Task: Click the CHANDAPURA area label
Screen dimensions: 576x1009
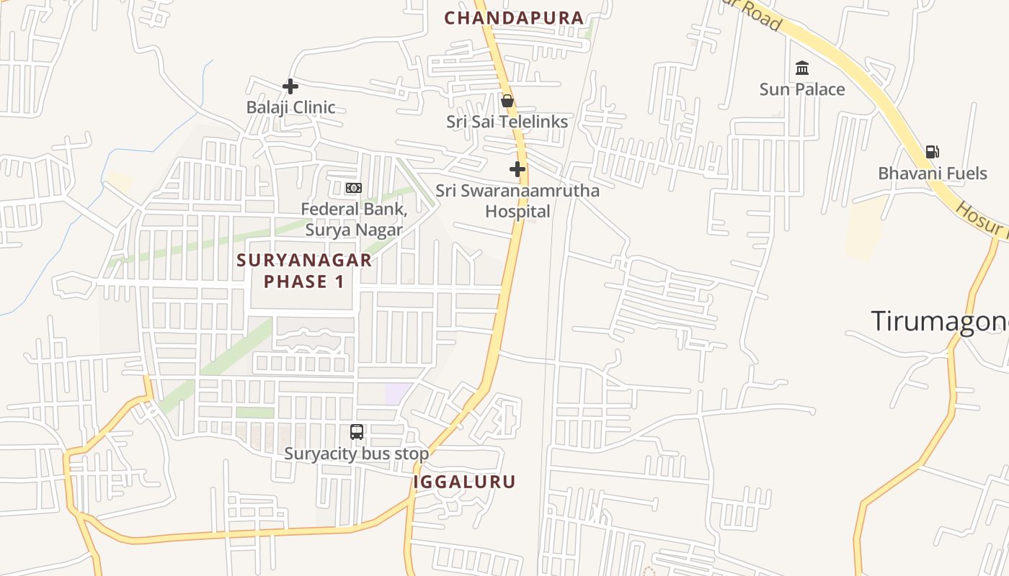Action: [x=514, y=18]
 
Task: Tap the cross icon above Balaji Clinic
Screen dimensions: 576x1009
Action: [x=290, y=86]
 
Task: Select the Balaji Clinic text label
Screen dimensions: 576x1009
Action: [x=291, y=107]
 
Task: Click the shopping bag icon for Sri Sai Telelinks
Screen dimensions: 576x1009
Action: [x=507, y=101]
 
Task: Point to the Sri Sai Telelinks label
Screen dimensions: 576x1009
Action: [x=507, y=122]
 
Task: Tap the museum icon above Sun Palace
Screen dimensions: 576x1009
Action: [x=801, y=68]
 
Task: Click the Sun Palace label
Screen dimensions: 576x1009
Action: [x=802, y=89]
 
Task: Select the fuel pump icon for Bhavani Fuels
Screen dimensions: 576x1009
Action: [x=932, y=152]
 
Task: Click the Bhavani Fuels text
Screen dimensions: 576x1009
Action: [x=933, y=174]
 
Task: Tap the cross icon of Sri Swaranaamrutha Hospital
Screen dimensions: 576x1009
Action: [x=517, y=170]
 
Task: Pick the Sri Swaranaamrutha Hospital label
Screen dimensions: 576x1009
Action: [x=517, y=201]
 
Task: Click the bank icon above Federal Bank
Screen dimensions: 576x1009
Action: [x=353, y=188]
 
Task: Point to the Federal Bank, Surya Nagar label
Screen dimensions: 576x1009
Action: [x=354, y=220]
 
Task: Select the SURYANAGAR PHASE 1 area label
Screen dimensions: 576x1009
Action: [x=304, y=271]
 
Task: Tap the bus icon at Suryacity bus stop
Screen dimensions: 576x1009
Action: [x=357, y=432]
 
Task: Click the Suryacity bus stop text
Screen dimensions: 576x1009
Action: [x=356, y=454]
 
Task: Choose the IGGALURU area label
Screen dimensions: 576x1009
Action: [x=465, y=482]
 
